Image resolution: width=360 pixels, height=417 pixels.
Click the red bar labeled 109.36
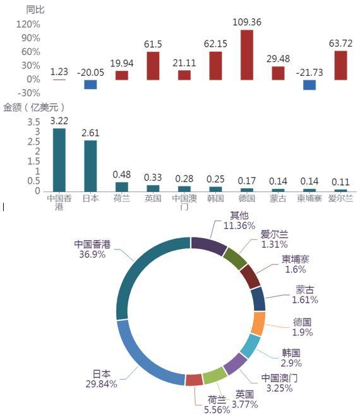[x=247, y=55]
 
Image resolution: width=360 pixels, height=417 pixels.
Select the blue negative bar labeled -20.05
[x=90, y=85]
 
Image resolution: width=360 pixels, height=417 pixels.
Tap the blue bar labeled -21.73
[x=309, y=85]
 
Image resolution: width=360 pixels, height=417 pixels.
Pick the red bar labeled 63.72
[x=340, y=65]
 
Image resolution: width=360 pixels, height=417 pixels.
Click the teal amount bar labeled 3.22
[x=59, y=160]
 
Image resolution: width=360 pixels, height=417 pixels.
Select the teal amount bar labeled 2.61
[x=90, y=166]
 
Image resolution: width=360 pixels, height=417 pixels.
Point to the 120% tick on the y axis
[x=28, y=25]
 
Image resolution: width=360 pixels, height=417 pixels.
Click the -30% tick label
[x=28, y=93]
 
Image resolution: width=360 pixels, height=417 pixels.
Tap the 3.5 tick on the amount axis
[x=33, y=122]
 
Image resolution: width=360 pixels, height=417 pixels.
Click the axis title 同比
[x=35, y=10]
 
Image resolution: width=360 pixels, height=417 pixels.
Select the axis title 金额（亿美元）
[x=33, y=107]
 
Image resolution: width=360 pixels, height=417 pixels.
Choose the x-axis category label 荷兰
[x=122, y=198]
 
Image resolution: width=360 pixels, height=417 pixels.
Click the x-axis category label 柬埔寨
[x=309, y=198]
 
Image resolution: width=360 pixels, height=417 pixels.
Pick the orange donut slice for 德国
[x=258, y=323]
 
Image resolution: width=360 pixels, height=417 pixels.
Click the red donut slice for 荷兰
[x=194, y=380]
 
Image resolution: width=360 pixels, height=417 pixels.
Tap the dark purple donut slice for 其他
[x=208, y=246]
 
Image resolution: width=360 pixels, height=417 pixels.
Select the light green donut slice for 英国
[x=215, y=375]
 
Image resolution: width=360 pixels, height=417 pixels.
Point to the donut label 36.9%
[x=92, y=254]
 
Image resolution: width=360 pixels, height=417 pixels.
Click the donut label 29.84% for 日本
[x=101, y=384]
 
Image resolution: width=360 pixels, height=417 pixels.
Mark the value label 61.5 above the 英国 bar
[x=153, y=44]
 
